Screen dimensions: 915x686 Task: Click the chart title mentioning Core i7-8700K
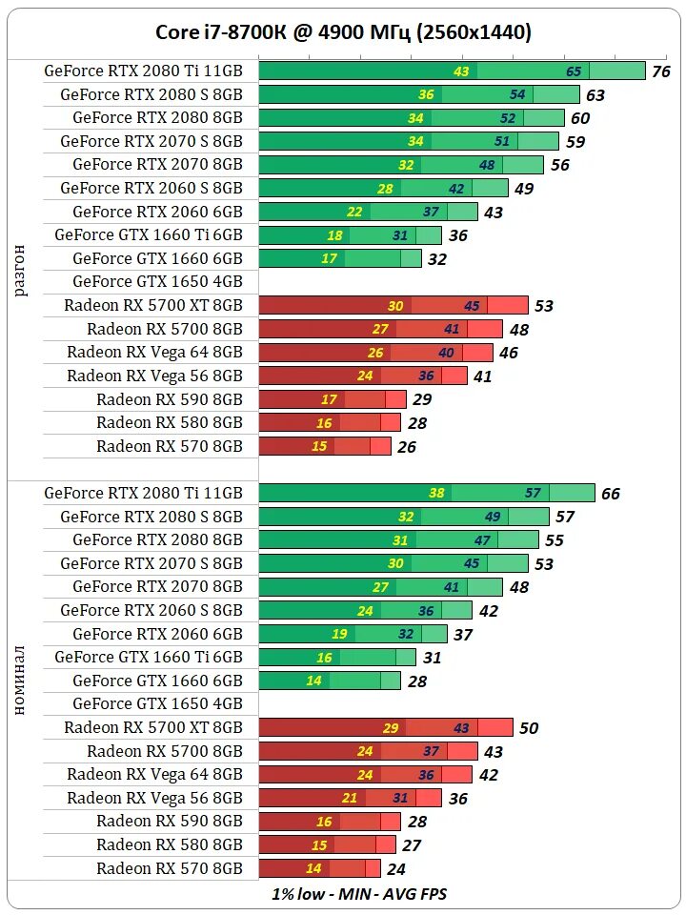pos(343,32)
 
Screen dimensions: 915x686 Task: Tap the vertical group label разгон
pos(21,270)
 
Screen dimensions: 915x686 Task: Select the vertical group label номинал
pos(21,681)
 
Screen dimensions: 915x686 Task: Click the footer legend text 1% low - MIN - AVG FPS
pos(359,894)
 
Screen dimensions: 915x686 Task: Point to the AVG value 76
pos(660,72)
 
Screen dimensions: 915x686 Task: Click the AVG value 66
pos(610,494)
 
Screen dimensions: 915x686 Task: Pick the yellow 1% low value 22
pos(354,213)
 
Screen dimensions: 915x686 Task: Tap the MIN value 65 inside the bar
pos(574,71)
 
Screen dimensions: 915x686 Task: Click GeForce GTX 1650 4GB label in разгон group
pos(157,282)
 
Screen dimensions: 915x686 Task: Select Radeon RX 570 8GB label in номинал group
pos(170,868)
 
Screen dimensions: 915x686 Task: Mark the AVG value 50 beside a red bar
pos(528,728)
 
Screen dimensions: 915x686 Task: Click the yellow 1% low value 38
pos(436,494)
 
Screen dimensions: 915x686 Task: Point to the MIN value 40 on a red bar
pos(446,353)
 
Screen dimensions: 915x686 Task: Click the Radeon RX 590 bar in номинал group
pos(330,822)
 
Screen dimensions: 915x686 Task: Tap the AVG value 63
pos(595,95)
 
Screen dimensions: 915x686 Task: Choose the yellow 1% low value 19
pos(340,634)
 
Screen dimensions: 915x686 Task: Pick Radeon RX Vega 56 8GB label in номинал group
pos(154,798)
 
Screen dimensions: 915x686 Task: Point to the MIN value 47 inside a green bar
pos(482,540)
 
